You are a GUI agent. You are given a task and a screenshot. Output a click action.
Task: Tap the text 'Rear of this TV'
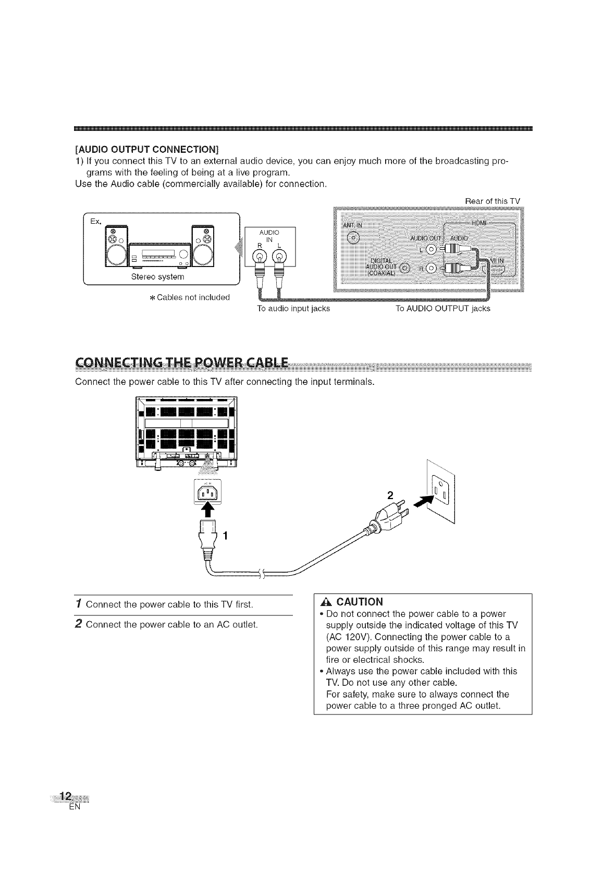492,201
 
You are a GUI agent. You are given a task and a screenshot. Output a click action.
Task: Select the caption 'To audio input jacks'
293,309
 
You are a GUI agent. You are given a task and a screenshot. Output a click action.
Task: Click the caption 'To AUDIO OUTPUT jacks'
442,309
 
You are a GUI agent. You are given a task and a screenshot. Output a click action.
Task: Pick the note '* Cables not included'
190,298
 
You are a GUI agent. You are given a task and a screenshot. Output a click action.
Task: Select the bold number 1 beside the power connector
226,536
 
